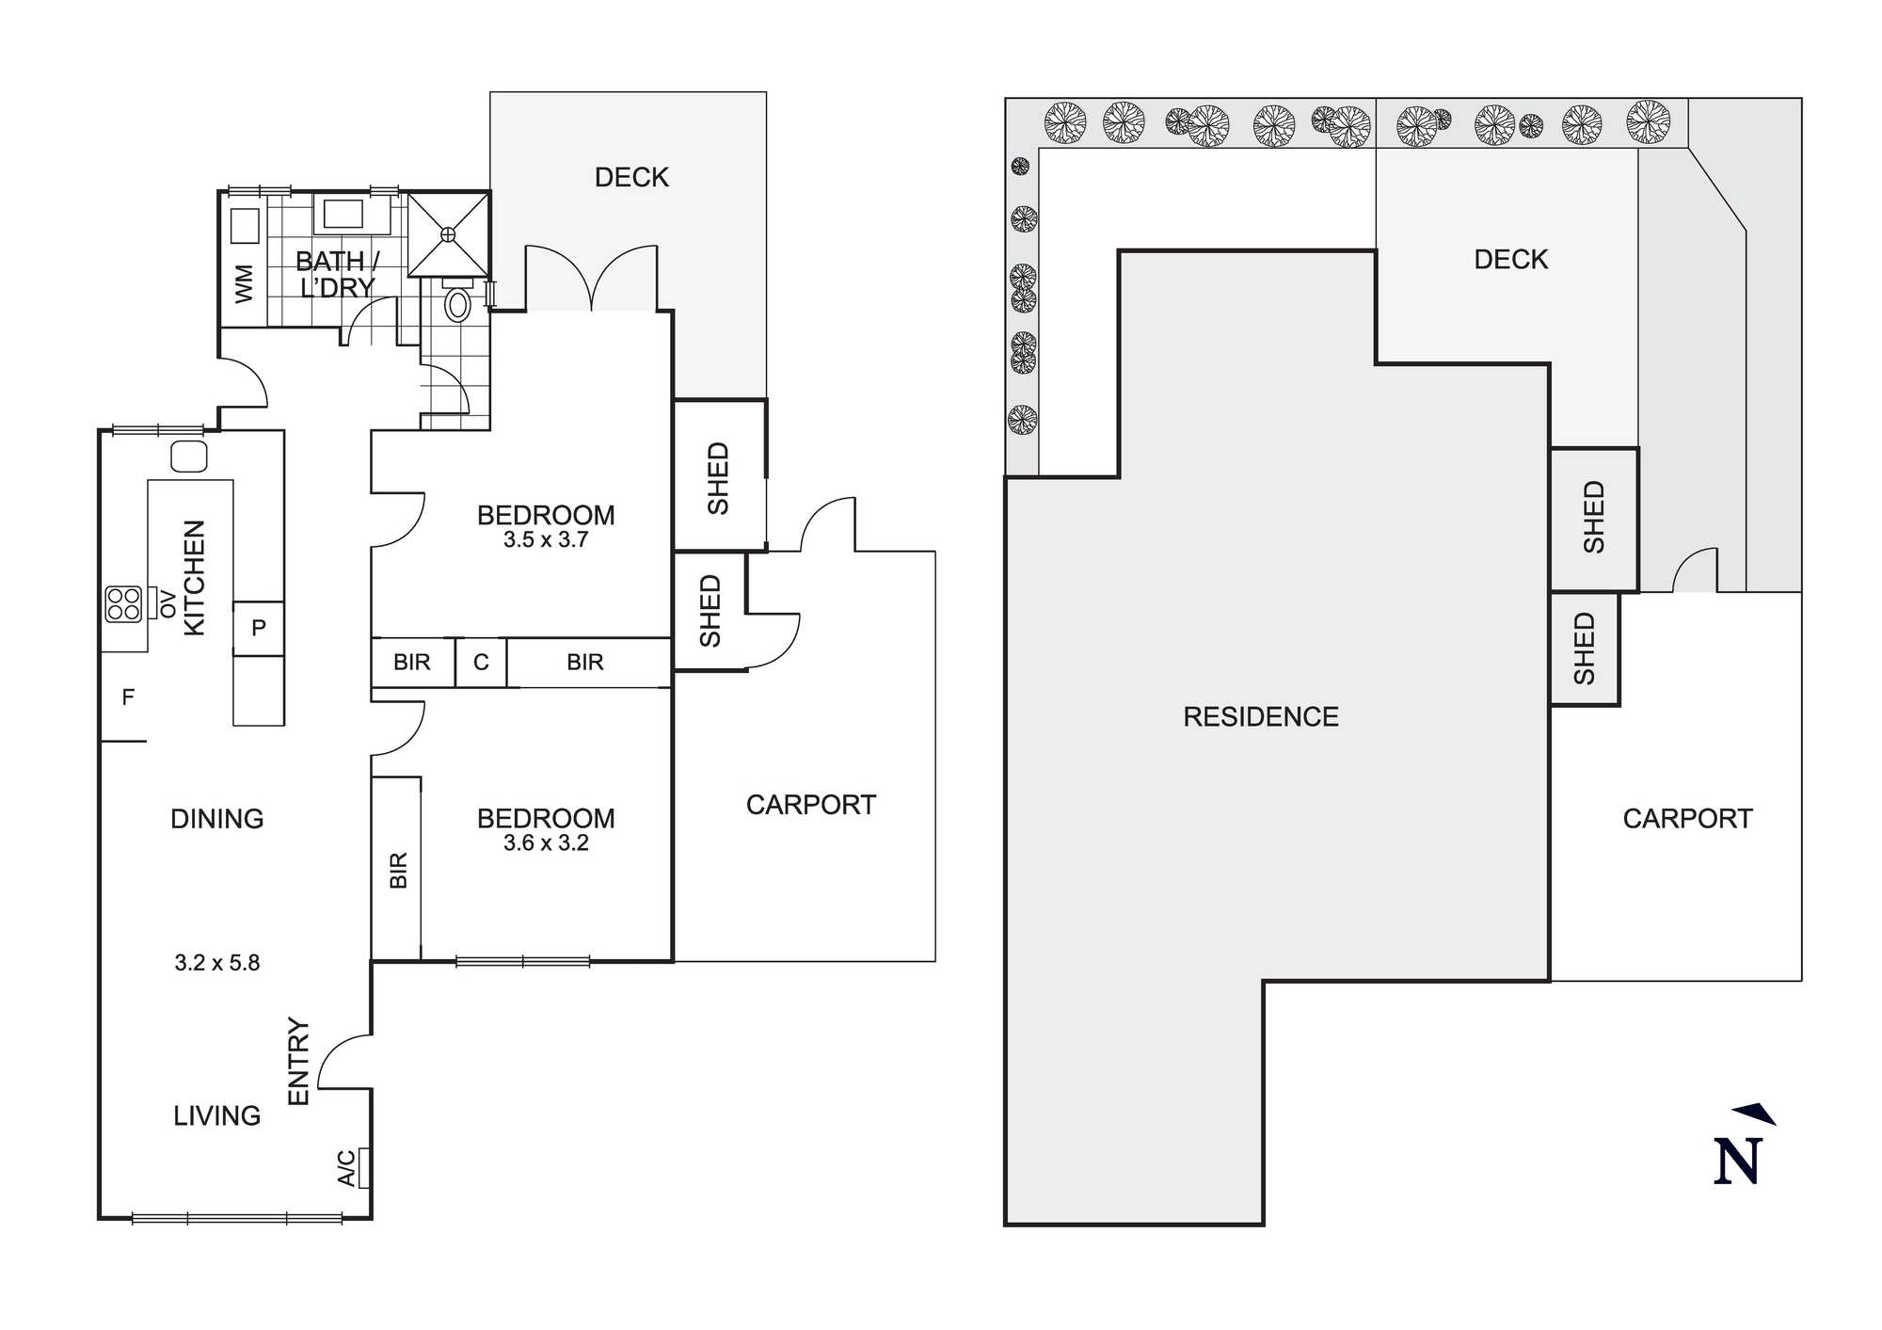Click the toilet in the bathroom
[x=457, y=303]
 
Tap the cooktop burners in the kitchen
[x=123, y=603]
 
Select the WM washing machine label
[x=244, y=283]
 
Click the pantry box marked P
[x=259, y=628]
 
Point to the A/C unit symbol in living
[x=363, y=1168]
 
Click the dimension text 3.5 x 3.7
[x=546, y=540]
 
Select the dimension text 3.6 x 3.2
[x=546, y=843]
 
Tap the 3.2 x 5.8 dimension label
[x=216, y=963]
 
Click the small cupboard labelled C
[x=481, y=663]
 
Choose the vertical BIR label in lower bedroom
[x=398, y=871]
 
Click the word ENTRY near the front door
[x=298, y=1062]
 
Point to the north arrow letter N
[x=1737, y=1162]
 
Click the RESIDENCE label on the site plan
[x=1260, y=717]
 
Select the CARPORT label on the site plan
[x=1687, y=819]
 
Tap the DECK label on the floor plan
[x=631, y=177]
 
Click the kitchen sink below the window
[x=189, y=457]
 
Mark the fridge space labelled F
[x=128, y=697]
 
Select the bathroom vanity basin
[x=343, y=215]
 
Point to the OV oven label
[x=168, y=603]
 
